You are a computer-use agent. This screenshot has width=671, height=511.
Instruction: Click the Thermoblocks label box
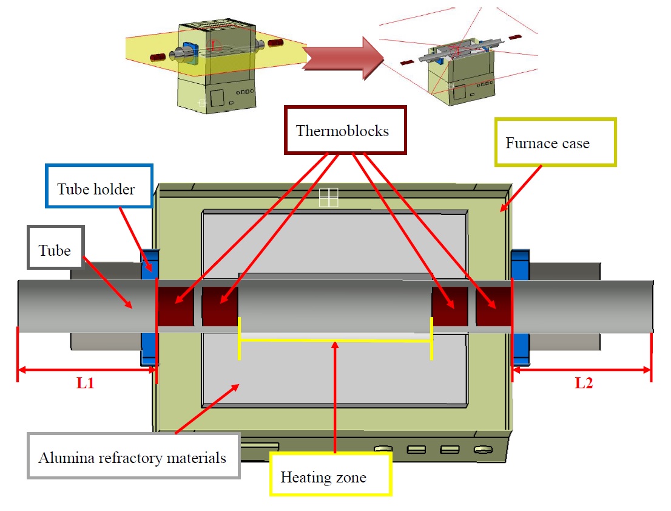(345, 131)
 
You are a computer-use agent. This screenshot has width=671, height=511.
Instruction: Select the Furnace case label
(555, 143)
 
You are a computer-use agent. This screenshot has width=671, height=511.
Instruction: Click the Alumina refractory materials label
(133, 457)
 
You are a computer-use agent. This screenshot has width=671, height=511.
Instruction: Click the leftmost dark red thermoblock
(175, 306)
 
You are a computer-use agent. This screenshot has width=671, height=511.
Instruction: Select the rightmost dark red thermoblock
(494, 306)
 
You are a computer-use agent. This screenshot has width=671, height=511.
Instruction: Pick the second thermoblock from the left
(220, 306)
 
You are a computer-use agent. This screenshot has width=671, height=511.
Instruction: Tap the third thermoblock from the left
(450, 306)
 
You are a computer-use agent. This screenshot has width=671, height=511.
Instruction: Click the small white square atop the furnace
(328, 197)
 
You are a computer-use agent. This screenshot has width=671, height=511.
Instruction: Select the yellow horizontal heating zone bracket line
(335, 340)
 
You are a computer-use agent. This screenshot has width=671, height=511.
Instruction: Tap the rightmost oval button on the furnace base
(482, 450)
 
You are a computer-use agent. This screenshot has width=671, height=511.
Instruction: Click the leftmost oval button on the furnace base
(383, 450)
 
